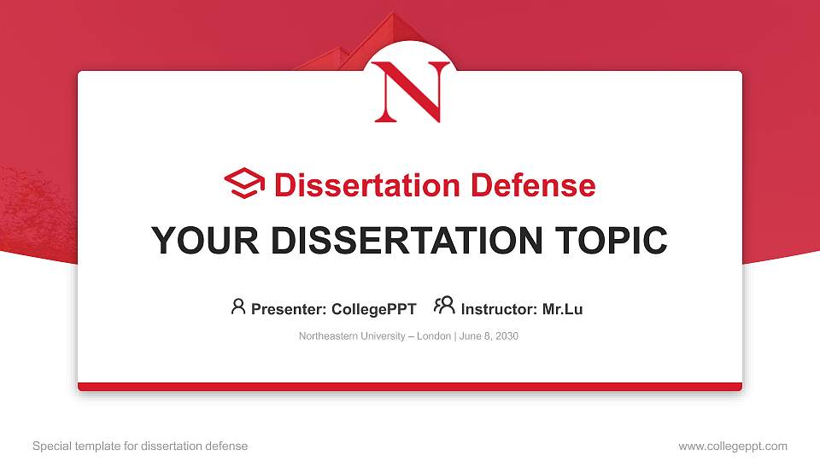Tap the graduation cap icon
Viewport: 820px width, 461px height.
(x=244, y=184)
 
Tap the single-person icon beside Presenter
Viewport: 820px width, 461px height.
(x=238, y=306)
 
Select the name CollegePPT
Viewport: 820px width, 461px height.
(x=373, y=309)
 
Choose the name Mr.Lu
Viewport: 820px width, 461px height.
(x=562, y=309)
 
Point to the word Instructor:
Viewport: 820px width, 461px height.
(x=499, y=309)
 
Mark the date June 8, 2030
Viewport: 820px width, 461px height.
(x=489, y=336)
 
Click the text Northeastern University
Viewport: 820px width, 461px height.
(x=352, y=336)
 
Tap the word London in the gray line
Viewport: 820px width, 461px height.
(x=434, y=336)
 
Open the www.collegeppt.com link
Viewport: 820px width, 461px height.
(x=733, y=446)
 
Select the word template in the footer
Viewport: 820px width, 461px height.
(x=97, y=446)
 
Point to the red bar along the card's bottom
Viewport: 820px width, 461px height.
(x=410, y=387)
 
